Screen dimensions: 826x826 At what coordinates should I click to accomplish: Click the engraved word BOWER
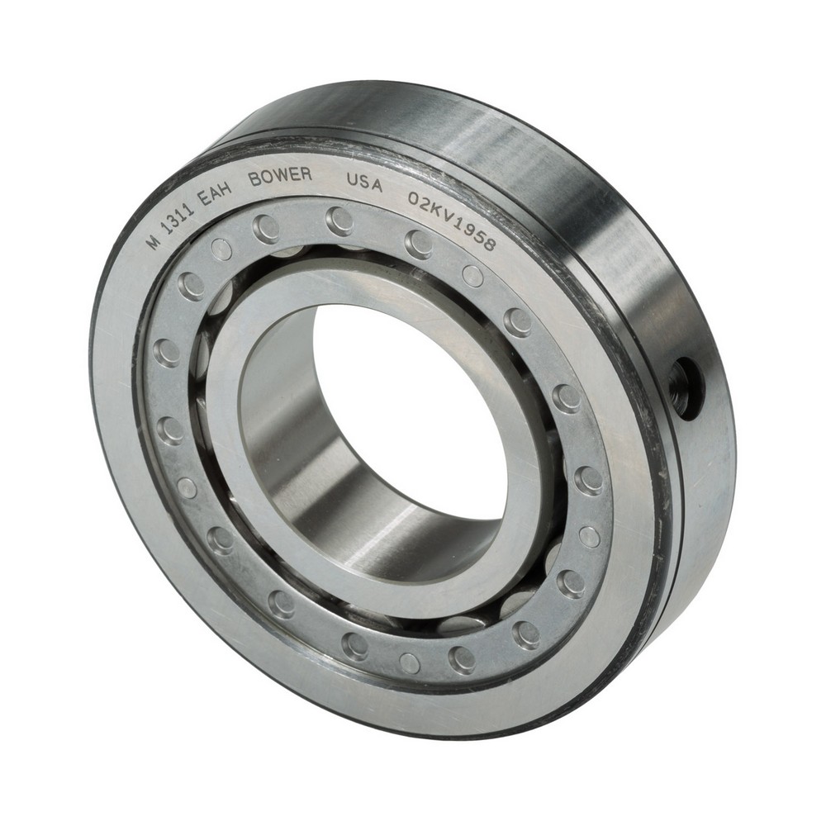click(281, 176)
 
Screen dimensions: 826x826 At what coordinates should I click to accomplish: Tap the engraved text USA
click(363, 183)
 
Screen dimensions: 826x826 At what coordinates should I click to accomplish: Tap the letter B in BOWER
click(254, 179)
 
